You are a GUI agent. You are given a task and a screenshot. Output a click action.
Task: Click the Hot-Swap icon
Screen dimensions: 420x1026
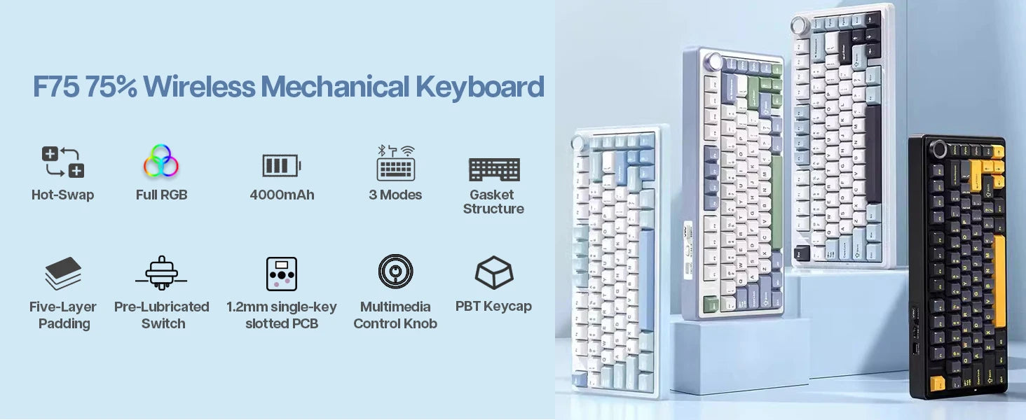[62, 162]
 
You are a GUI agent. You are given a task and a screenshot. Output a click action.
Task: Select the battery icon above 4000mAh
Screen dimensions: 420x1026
[281, 166]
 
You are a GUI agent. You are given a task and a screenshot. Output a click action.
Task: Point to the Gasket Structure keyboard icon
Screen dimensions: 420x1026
[493, 169]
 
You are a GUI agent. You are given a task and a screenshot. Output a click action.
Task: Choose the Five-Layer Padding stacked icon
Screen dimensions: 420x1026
[63, 273]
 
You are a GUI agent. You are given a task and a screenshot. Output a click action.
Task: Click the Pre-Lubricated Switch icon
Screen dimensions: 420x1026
[161, 273]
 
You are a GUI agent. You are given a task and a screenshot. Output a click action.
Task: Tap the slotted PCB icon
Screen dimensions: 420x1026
[281, 274]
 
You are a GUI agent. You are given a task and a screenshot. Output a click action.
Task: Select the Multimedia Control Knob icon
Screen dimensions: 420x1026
[395, 272]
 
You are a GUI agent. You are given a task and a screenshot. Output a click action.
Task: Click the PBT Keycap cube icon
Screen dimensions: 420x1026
[493, 272]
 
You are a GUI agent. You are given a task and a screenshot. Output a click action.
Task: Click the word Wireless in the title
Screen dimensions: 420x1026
[199, 87]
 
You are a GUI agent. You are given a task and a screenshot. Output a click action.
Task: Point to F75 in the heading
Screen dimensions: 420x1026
[55, 87]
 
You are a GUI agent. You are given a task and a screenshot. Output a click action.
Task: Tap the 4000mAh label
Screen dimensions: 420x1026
[282, 195]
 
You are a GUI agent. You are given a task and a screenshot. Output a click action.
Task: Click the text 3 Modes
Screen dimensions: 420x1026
[395, 195]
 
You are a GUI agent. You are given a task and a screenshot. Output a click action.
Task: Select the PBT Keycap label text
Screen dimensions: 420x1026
[493, 306]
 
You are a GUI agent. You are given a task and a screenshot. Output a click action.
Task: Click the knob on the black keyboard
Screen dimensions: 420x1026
[939, 149]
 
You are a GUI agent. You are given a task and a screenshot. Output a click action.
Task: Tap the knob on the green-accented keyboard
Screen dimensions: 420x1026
[715, 62]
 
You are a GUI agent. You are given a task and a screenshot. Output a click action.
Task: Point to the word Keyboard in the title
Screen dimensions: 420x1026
[479, 87]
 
